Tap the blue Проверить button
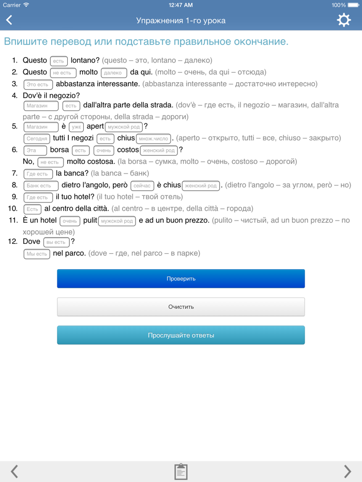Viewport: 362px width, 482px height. tap(181, 278)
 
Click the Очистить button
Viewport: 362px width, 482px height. tap(181, 307)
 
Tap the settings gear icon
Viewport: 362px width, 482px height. tap(343, 20)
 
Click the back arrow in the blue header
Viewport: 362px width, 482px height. tap(9, 20)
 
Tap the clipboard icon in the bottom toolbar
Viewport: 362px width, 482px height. tap(181, 471)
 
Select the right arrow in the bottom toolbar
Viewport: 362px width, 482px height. tap(347, 471)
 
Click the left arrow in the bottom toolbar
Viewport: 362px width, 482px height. tap(14, 471)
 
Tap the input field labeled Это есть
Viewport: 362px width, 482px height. tap(38, 84)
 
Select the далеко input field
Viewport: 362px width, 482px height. tap(113, 73)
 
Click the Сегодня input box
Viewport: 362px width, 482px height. tap(37, 138)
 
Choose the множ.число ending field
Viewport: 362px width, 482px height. tap(154, 138)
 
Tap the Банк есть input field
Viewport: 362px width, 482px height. tap(40, 185)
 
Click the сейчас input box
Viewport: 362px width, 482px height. tap(142, 185)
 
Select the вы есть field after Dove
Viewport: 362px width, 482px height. tap(56, 242)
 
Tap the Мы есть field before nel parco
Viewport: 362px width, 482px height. tap(37, 254)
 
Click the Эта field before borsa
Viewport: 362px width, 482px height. tap(35, 150)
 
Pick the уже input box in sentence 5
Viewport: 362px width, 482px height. tap(76, 127)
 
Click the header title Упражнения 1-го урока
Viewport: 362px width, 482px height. tap(181, 21)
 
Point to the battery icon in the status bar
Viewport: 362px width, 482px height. tap(354, 5)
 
